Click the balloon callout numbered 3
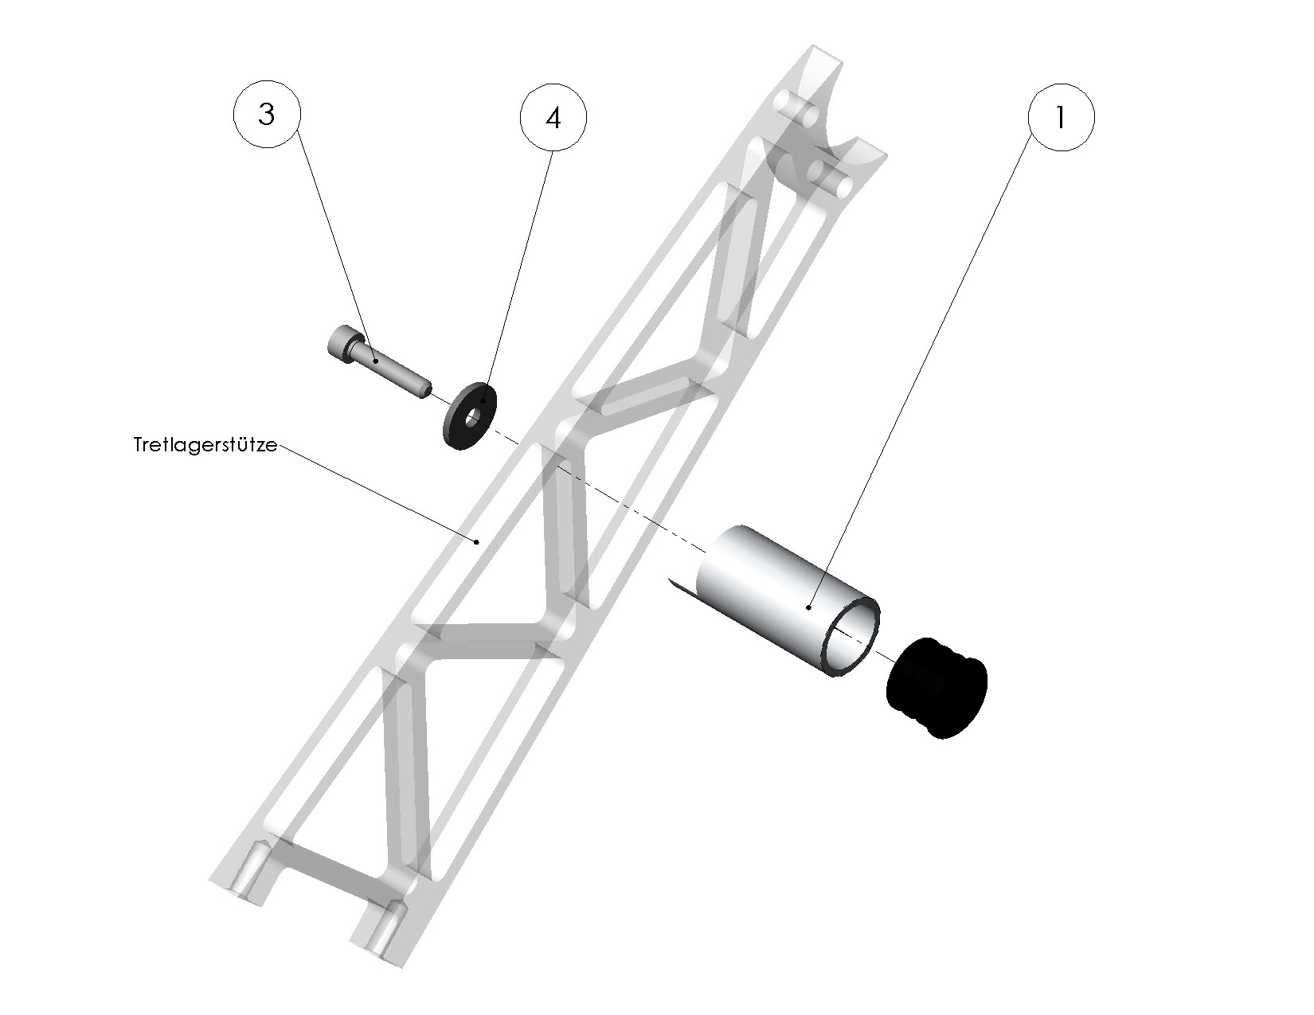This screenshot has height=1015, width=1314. [266, 115]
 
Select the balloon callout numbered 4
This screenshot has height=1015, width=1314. [553, 118]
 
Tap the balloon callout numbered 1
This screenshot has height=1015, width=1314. [1061, 118]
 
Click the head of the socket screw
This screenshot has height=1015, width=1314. [340, 344]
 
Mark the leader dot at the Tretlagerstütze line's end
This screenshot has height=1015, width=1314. [476, 542]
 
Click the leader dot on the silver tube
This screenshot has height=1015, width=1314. [808, 607]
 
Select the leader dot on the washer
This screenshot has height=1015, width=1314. [482, 402]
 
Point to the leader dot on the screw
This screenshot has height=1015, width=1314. [374, 361]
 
